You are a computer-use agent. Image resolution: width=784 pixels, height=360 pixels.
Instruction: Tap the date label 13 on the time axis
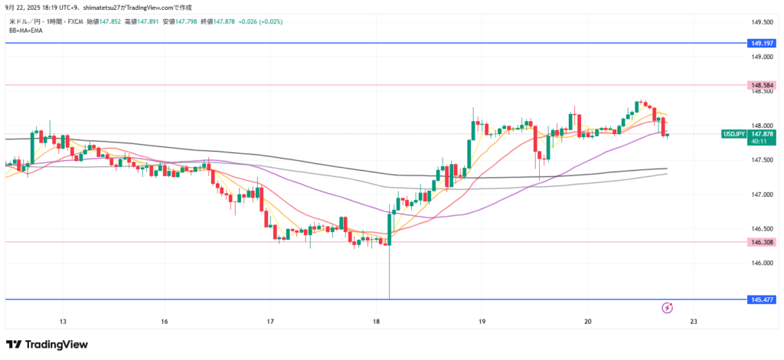(63, 321)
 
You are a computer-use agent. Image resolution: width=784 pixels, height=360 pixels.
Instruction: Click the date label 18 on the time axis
(375, 321)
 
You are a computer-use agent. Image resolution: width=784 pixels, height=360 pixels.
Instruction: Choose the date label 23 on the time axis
(692, 321)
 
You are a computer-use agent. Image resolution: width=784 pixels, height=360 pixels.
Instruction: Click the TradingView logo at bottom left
(47, 345)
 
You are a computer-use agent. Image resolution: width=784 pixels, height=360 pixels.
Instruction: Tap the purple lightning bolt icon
(666, 308)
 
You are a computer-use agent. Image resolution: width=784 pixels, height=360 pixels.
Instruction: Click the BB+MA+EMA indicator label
(26, 31)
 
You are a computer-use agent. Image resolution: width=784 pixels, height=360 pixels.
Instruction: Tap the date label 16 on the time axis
(165, 321)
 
